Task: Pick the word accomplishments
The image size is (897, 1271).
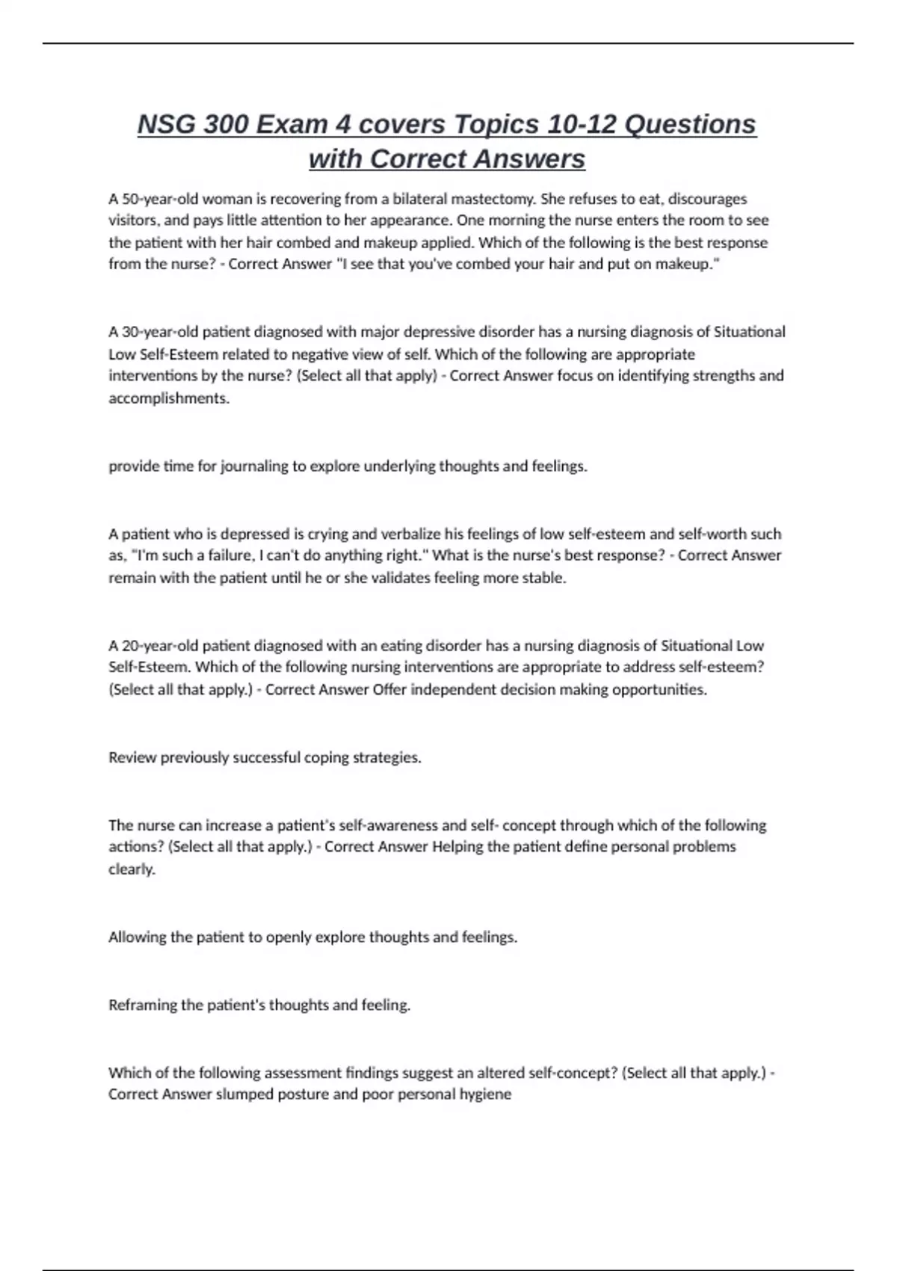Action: point(168,398)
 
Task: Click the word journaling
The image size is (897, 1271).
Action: point(254,466)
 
